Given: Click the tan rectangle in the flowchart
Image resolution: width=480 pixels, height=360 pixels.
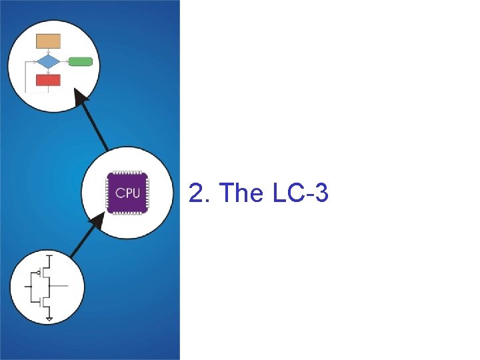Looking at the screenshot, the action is coord(48,41).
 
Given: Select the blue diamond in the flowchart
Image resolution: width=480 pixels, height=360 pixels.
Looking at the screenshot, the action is coord(48,62).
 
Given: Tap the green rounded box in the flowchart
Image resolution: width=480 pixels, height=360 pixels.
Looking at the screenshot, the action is coord(80,62).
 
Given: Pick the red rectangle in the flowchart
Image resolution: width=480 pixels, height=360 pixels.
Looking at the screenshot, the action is coord(48,80).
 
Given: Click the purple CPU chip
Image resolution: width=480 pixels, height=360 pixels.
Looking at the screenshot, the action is coord(127,193).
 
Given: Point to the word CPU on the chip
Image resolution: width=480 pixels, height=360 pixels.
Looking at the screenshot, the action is coord(127,193).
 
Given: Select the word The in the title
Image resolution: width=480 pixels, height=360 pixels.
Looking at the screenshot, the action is coord(241,193).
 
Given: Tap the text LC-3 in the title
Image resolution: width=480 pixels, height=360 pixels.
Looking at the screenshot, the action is coord(299,193).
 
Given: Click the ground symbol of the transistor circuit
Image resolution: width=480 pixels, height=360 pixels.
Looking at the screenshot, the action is coord(49,319).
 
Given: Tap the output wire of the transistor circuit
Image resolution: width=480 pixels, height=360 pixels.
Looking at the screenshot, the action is coord(60,285).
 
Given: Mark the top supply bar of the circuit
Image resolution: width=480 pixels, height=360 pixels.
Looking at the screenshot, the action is coord(49,254).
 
